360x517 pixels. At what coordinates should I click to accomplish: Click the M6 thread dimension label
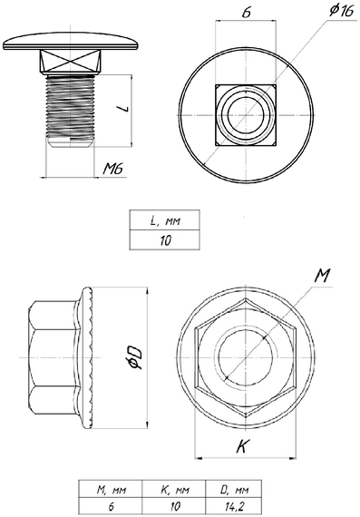click(112, 169)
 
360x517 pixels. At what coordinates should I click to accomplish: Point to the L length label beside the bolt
click(125, 108)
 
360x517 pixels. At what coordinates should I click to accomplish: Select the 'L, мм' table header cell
click(164, 220)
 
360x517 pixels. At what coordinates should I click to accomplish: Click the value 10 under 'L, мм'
click(165, 240)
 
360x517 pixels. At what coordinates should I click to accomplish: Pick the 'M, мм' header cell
click(111, 489)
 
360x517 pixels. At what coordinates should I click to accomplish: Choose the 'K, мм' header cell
click(174, 489)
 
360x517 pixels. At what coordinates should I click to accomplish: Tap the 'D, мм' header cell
click(234, 489)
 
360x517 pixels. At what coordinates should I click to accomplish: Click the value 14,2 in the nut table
click(234, 506)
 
